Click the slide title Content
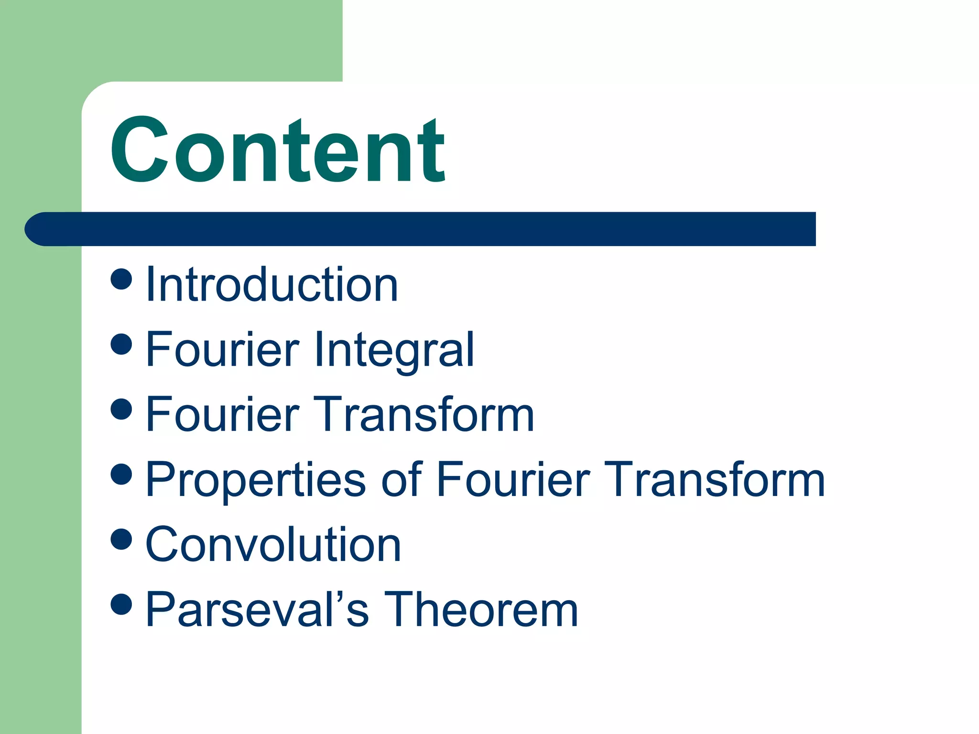277,151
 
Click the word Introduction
272,285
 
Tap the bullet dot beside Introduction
121,279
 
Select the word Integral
394,350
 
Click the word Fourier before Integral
222,350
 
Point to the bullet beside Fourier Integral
121,344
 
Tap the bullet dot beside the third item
121,409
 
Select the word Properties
256,480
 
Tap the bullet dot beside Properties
121,474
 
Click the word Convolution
273,545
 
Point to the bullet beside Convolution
121,539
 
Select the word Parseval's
257,610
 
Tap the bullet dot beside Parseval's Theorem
121,604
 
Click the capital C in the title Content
139,151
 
